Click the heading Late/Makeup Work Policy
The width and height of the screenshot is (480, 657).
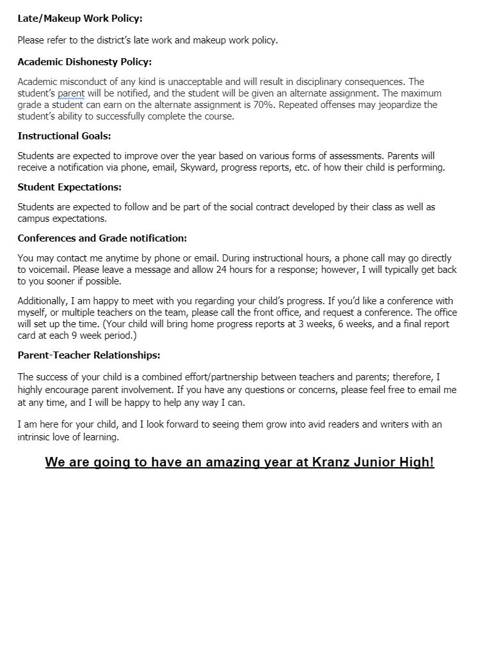pyautogui.click(x=80, y=19)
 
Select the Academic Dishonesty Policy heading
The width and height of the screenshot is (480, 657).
pyautogui.click(x=84, y=62)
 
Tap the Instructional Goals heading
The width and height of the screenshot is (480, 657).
pyautogui.click(x=64, y=135)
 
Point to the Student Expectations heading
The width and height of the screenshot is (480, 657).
pyautogui.click(x=69, y=187)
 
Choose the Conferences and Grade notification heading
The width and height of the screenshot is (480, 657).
pyautogui.click(x=102, y=238)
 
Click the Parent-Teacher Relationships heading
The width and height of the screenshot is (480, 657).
pyautogui.click(x=88, y=355)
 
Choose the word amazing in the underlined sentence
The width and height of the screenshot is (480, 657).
pyautogui.click(x=232, y=462)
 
